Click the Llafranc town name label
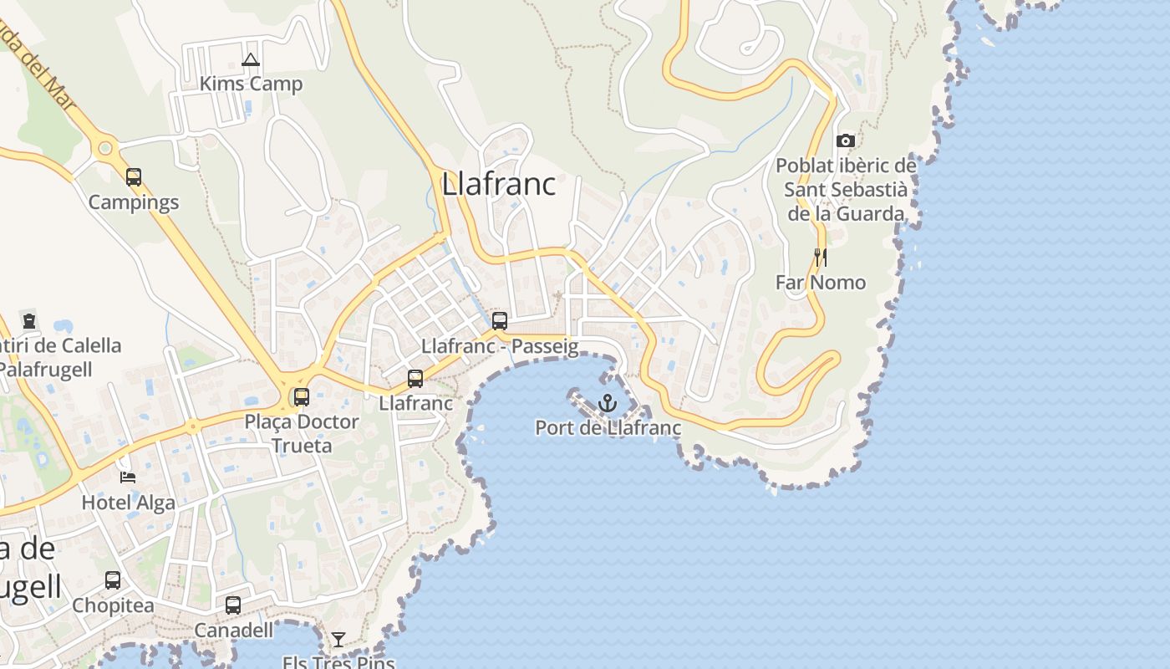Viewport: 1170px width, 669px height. click(498, 184)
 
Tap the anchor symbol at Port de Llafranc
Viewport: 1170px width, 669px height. click(608, 404)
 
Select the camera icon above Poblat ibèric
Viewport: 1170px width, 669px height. click(846, 140)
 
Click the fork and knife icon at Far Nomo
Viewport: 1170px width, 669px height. click(820, 257)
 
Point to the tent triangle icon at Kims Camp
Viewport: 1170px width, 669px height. click(250, 59)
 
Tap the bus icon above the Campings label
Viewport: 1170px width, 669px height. click(134, 177)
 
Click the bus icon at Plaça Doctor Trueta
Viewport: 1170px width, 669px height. click(301, 397)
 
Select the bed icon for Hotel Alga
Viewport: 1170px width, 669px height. click(128, 477)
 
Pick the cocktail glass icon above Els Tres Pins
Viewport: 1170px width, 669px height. click(338, 640)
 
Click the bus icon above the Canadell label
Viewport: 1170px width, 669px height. click(233, 605)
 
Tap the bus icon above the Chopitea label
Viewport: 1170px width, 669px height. click(113, 580)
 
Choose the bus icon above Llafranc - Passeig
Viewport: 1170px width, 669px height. click(500, 320)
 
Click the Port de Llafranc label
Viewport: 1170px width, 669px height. click(608, 428)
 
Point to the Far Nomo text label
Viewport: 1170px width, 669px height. click(820, 283)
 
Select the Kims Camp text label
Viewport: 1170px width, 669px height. click(251, 84)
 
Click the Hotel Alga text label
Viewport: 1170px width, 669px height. click(128, 502)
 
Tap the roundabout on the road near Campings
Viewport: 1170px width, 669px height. click(105, 149)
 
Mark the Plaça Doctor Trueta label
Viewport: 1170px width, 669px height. click(301, 433)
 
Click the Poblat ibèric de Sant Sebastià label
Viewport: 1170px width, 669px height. click(846, 190)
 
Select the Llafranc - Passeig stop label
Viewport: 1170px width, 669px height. click(500, 346)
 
